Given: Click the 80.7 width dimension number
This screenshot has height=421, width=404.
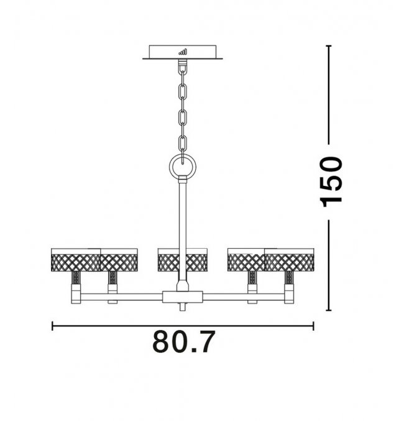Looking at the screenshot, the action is tap(184, 342).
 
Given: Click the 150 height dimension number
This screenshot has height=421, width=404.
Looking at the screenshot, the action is tap(332, 182).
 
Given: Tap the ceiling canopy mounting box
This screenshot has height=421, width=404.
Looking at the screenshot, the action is tap(183, 52).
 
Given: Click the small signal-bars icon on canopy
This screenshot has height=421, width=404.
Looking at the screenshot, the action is tap(183, 52).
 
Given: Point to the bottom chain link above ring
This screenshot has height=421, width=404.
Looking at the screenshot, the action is tap(183, 144).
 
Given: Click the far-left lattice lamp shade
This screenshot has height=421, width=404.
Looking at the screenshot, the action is tap(76, 260).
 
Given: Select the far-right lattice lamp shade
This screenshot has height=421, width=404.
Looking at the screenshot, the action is tap(289, 260).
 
